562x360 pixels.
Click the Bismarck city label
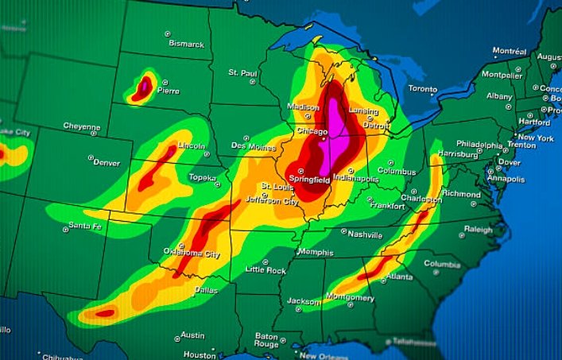[186, 44]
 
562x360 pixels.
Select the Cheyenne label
[82, 126]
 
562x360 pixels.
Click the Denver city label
[107, 163]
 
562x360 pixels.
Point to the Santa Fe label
[85, 226]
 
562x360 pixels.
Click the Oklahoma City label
[191, 254]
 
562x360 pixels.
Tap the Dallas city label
[206, 290]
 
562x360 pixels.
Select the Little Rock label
[265, 270]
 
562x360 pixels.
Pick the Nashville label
[366, 234]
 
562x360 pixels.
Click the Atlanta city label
[398, 277]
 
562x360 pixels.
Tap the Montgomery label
[349, 298]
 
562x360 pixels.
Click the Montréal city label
[510, 51]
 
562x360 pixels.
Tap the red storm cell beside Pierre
[143, 87]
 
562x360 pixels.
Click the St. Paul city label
[243, 72]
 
